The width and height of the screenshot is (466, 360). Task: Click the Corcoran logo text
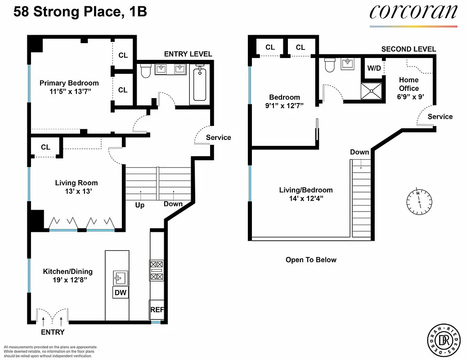413,12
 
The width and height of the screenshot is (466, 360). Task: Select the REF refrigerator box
157,310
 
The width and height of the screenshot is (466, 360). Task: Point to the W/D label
374,69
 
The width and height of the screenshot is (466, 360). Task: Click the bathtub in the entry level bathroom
200,84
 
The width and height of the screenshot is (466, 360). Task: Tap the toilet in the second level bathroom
330,65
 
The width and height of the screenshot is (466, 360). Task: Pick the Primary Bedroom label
69,83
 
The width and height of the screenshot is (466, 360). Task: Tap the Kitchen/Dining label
67,271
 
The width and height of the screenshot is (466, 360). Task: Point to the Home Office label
408,84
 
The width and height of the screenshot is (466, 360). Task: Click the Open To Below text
311,260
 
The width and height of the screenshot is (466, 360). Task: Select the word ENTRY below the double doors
53,332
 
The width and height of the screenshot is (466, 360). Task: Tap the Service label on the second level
440,117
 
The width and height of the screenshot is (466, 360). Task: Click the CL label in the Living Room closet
45,147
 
